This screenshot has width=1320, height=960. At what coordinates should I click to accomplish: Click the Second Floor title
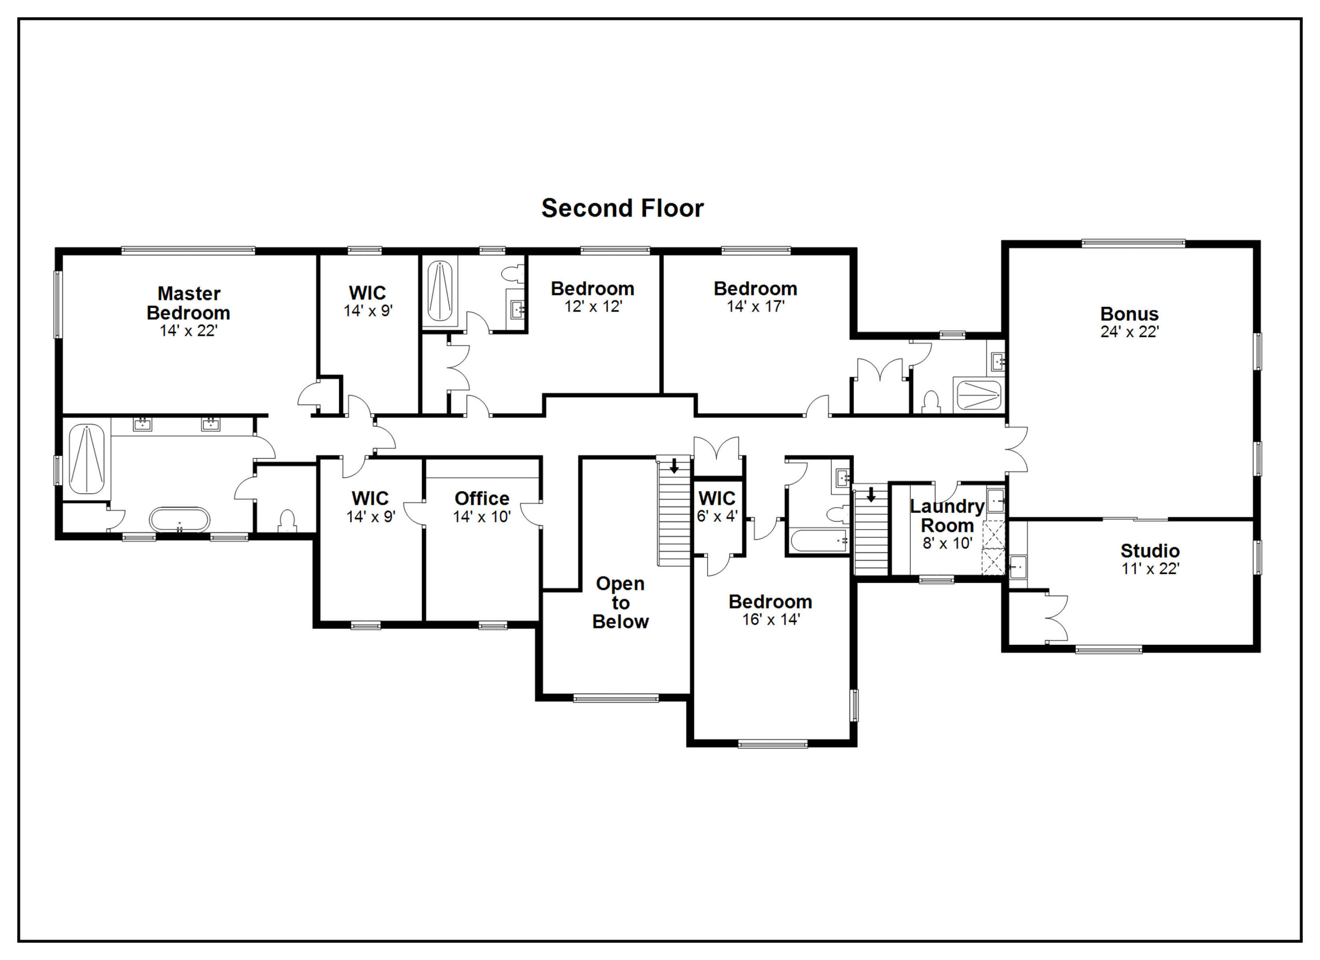coord(622,208)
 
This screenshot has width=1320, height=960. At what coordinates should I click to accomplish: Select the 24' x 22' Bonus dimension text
coord(1129,332)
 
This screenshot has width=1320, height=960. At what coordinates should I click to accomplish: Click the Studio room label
coord(1149,550)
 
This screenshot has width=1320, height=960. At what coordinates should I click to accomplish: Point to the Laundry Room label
coord(947,516)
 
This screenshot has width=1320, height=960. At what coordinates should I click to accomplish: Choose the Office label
coord(481,498)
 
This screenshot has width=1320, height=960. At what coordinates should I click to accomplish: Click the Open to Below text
coord(620,603)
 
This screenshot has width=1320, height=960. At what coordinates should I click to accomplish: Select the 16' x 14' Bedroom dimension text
coord(770,619)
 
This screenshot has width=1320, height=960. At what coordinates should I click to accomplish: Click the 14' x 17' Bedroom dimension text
coord(755,306)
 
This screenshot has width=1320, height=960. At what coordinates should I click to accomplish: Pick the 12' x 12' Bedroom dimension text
coord(593,306)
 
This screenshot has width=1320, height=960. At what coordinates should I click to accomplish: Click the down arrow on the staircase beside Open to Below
coord(674,466)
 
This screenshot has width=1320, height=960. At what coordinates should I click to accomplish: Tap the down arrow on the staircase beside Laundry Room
coord(871,495)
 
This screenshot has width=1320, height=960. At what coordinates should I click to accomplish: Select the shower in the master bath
coord(87,459)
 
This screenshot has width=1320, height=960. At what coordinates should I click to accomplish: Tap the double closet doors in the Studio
coord(1056,618)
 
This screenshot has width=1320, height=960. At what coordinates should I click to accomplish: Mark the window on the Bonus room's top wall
coord(1133,243)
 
